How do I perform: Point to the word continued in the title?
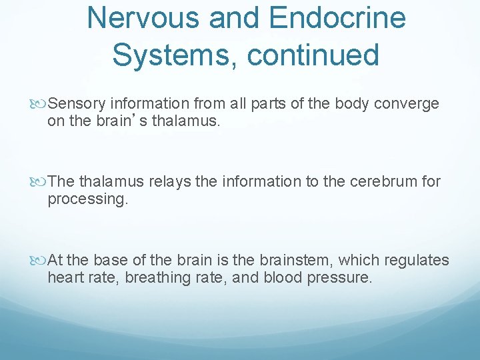point(313,54)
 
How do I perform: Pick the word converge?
point(407,104)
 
